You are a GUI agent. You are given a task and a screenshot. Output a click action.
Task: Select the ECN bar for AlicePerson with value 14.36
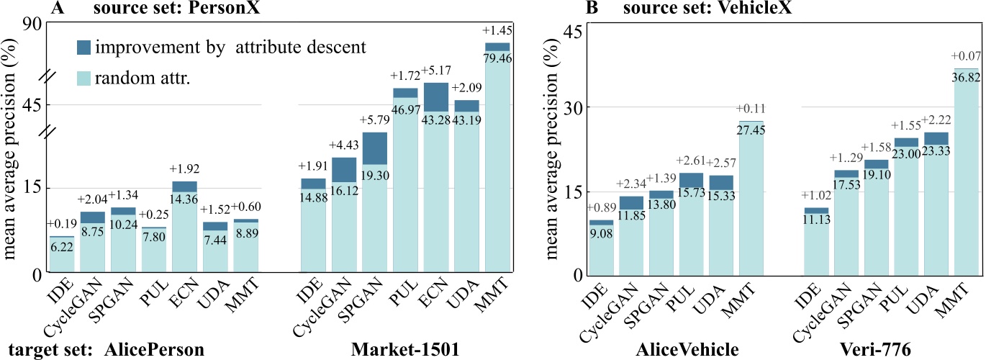[x=184, y=227]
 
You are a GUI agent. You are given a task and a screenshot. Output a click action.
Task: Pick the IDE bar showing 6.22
[x=61, y=254]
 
